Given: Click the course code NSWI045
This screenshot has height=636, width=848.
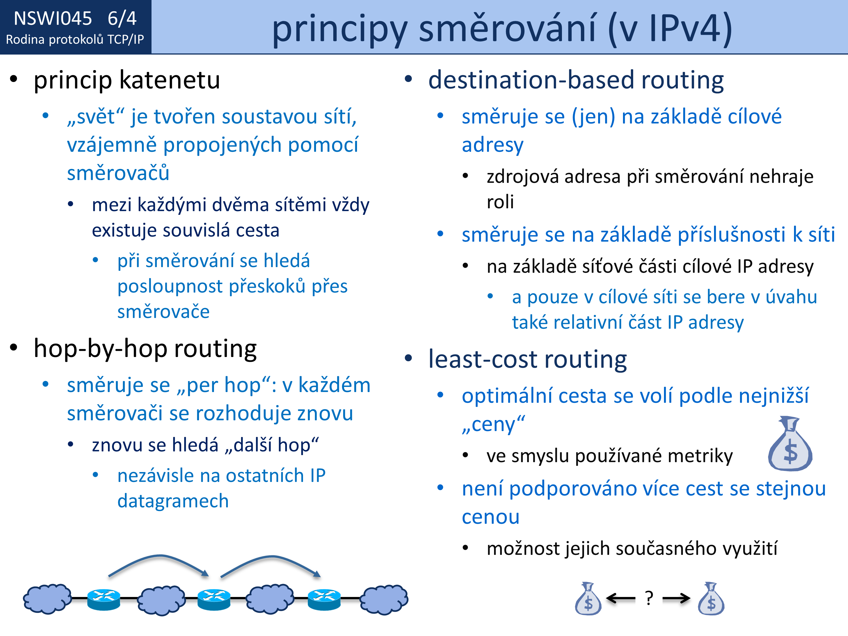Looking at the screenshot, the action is (x=53, y=18).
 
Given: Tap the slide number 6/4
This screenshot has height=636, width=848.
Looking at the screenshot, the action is (x=122, y=18).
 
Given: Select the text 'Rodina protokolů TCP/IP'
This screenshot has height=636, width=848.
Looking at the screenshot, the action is (x=75, y=40).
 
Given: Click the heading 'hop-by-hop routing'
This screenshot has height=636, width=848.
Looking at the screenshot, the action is (x=145, y=349).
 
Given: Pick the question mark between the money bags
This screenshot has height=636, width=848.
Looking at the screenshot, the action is (x=649, y=598).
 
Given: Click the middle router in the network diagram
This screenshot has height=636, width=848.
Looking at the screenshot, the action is (x=214, y=599).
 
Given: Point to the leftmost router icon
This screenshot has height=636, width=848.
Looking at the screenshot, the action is (x=103, y=599).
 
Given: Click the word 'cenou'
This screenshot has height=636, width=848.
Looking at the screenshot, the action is (x=491, y=518).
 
